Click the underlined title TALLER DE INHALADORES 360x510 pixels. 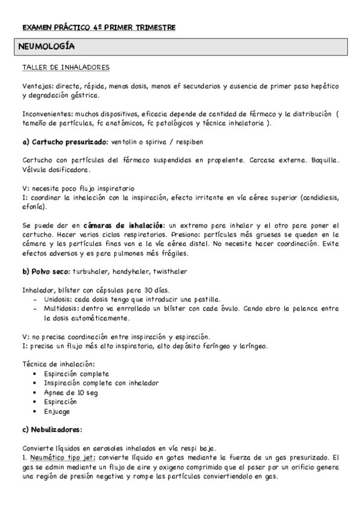tap(65, 67)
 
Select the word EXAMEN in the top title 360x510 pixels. tap(35, 27)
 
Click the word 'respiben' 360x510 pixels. tap(188, 142)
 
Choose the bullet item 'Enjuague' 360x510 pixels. tap(57, 411)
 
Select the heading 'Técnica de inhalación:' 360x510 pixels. tap(58, 364)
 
